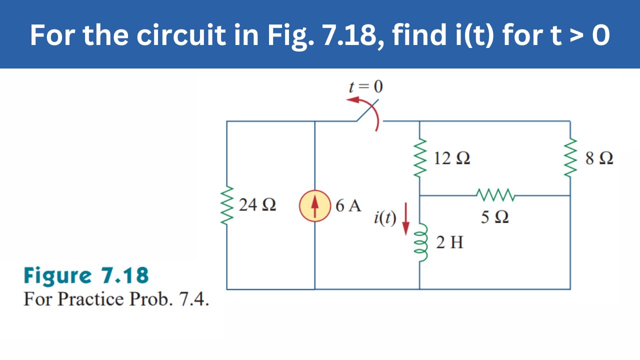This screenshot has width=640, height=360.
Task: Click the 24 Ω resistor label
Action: [257, 205]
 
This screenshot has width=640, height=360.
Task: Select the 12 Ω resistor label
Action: [451, 159]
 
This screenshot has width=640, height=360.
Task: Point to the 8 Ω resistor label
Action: [598, 159]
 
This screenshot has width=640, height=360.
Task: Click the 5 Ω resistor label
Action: [495, 217]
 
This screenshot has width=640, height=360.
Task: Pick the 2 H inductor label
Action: [449, 243]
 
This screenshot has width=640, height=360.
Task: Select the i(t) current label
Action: [384, 218]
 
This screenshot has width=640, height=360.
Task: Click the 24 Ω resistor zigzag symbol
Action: [227, 205]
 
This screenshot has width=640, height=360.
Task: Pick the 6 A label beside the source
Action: [348, 206]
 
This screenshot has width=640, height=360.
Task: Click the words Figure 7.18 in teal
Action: [86, 275]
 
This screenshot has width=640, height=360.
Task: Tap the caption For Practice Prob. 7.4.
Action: [116, 299]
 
